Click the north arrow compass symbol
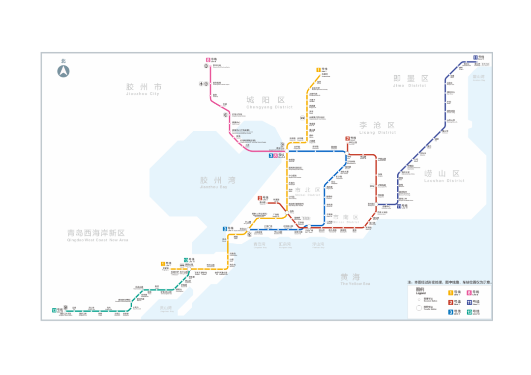tap(63, 71)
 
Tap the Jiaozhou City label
tap(143, 89)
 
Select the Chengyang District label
tap(269, 103)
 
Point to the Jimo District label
tap(410, 81)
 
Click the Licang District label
tap(377, 128)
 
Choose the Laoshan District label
tap(444, 176)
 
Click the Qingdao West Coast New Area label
tap(97, 235)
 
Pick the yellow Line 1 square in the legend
tap(450, 293)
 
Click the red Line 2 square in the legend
tap(450, 302)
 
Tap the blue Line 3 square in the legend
tap(450, 312)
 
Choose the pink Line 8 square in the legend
tap(469, 293)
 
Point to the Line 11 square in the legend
tap(469, 302)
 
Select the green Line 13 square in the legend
tap(469, 312)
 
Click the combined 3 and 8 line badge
tap(273, 156)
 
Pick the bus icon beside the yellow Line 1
tap(302, 118)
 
